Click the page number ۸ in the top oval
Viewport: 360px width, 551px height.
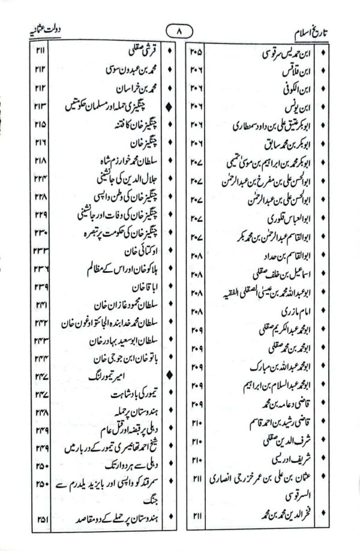(x=179, y=29)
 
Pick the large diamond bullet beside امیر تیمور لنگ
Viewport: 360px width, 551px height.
(x=170, y=376)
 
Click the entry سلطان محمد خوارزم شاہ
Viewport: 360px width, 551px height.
(x=118, y=161)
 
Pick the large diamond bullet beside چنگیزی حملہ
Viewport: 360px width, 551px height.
(x=170, y=107)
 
